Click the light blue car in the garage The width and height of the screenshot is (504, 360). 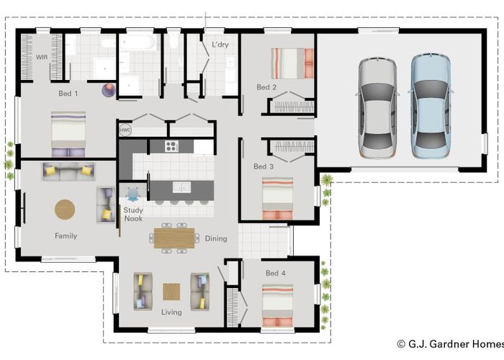(x=430, y=106)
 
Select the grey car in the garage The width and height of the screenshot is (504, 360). (x=378, y=108)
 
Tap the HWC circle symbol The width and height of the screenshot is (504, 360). (x=125, y=130)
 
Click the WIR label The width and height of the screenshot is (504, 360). (x=42, y=57)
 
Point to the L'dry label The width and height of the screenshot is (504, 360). (x=220, y=45)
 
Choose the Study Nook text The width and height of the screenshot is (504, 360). (x=133, y=215)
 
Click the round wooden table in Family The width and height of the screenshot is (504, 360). (x=65, y=210)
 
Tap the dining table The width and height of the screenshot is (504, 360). (x=174, y=238)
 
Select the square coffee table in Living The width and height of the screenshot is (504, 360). (x=171, y=292)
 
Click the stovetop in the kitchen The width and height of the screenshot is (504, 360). (x=171, y=146)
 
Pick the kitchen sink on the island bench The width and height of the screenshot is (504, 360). (x=181, y=187)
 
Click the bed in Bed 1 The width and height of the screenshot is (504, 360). (x=68, y=134)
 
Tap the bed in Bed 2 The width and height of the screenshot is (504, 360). (x=292, y=63)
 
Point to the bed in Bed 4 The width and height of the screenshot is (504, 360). (x=277, y=306)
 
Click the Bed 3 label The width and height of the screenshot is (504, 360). (x=264, y=166)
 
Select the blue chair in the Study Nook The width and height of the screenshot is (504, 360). (x=132, y=194)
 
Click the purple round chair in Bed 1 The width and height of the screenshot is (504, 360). (x=109, y=90)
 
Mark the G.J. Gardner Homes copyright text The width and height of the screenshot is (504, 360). (x=450, y=344)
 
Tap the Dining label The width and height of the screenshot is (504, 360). (x=216, y=238)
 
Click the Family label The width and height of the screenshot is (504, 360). (x=66, y=236)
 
